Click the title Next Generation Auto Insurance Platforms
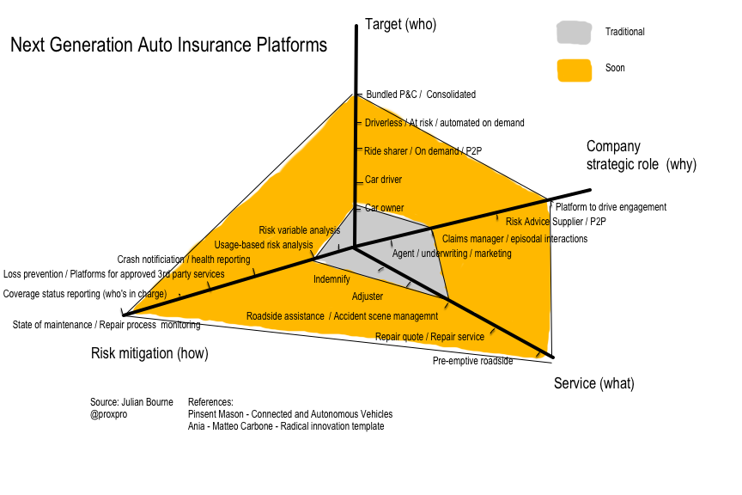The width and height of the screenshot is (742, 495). pyautogui.click(x=168, y=45)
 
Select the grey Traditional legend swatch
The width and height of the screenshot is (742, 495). pyautogui.click(x=574, y=33)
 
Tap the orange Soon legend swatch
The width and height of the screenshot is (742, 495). pyautogui.click(x=574, y=69)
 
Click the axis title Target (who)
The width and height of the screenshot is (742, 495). pyautogui.click(x=400, y=24)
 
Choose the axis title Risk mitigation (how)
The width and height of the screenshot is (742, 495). pyautogui.click(x=149, y=353)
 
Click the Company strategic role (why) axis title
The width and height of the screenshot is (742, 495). pyautogui.click(x=641, y=156)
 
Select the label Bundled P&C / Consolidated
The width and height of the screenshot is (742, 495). pyautogui.click(x=420, y=95)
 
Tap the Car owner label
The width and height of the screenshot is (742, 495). pyautogui.click(x=384, y=208)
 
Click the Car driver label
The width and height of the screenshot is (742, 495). pyautogui.click(x=383, y=180)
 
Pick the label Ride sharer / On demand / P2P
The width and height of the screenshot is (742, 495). pyautogui.click(x=423, y=151)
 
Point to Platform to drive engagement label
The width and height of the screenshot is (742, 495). pyautogui.click(x=611, y=207)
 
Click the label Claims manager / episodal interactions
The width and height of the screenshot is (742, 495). pyautogui.click(x=514, y=239)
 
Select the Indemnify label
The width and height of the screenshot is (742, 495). pyautogui.click(x=331, y=279)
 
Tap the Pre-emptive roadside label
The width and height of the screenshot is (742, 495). pyautogui.click(x=472, y=361)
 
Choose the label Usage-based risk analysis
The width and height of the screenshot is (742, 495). pyautogui.click(x=264, y=245)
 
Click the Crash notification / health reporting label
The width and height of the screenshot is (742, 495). pyautogui.click(x=184, y=260)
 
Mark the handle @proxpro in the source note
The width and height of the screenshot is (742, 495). pyautogui.click(x=109, y=414)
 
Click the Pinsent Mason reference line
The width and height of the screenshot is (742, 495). pyautogui.click(x=289, y=414)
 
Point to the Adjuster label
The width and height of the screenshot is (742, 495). pyautogui.click(x=368, y=296)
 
